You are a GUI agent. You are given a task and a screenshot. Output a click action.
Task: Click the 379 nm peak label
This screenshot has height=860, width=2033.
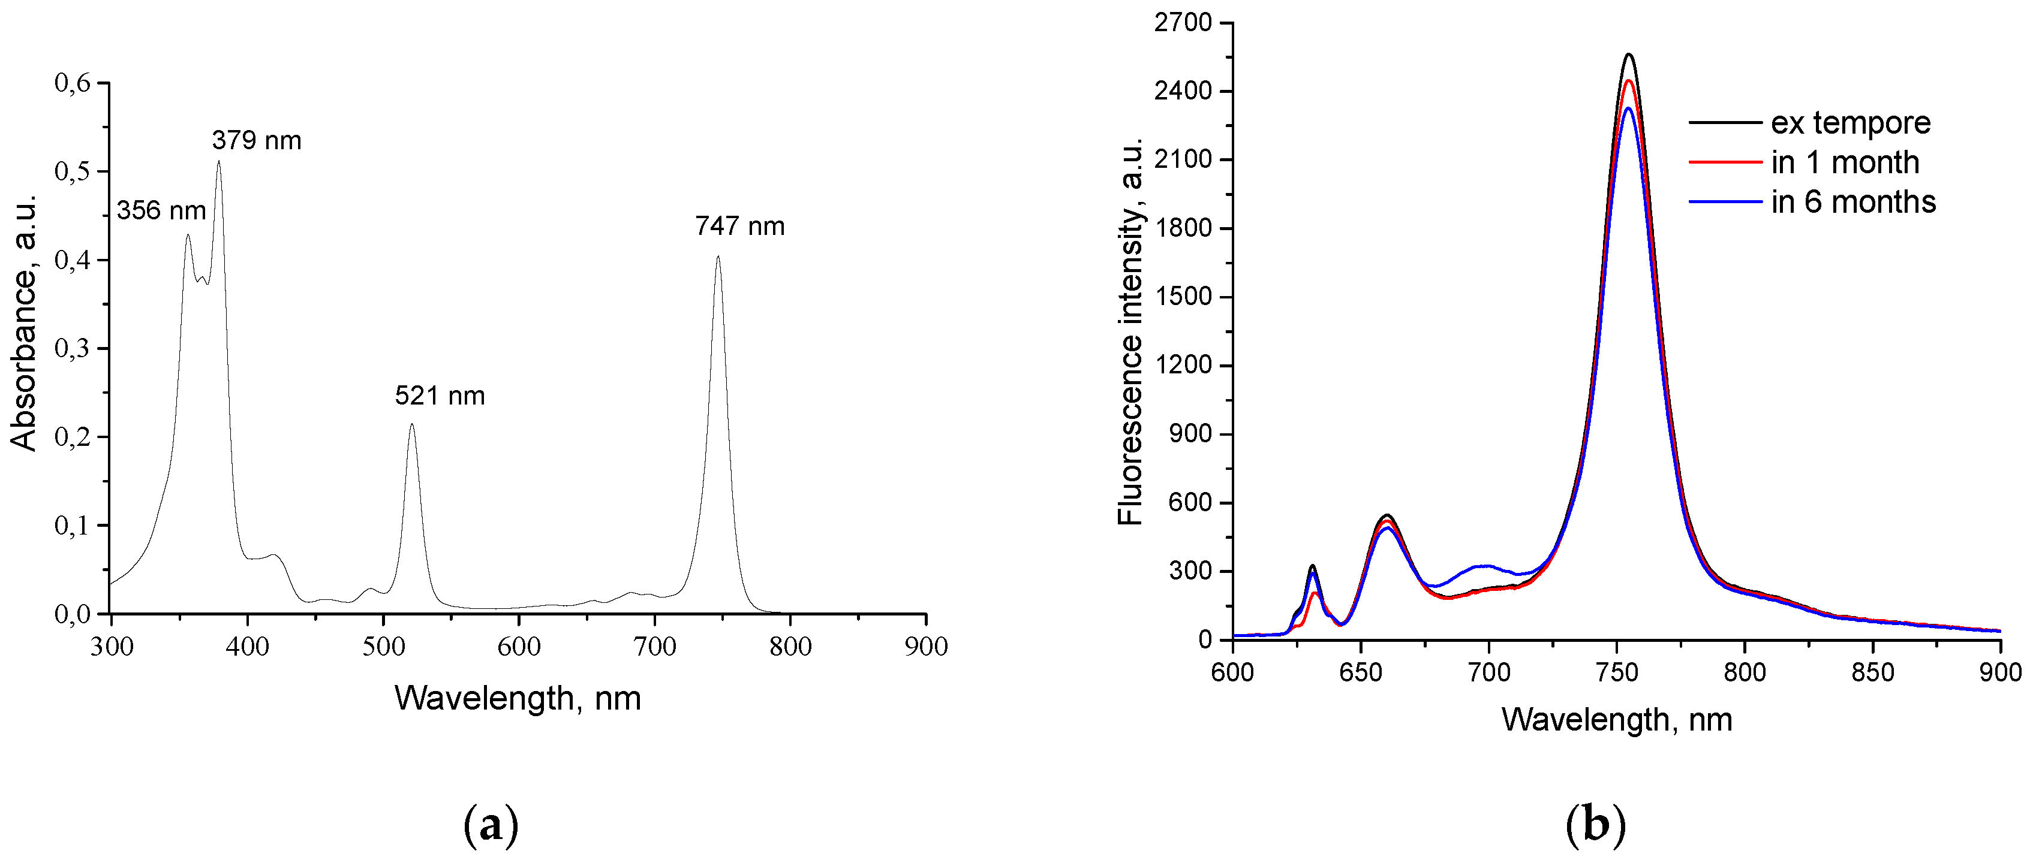tap(257, 140)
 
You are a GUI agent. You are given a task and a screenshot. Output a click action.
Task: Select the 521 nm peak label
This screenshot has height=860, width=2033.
tap(440, 396)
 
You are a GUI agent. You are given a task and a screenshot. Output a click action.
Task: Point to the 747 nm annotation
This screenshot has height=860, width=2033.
tap(739, 227)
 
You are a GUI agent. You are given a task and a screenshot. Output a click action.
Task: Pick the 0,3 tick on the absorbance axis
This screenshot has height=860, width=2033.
tap(72, 348)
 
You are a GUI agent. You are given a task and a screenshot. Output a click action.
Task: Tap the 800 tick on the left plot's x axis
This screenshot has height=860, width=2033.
tap(790, 647)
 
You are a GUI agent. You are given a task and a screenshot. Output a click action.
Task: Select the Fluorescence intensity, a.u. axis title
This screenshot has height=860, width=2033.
tap(1130, 331)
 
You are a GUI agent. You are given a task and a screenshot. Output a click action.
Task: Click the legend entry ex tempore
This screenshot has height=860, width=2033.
tap(1850, 123)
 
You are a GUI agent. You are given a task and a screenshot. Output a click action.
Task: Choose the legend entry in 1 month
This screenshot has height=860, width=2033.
tap(1844, 162)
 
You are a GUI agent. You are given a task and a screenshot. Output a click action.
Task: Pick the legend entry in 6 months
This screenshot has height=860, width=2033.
tap(1852, 202)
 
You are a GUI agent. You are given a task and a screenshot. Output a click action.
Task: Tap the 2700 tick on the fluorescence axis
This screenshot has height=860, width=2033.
tap(1182, 23)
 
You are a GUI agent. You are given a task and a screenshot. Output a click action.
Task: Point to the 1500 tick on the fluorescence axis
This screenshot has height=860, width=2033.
tap(1182, 297)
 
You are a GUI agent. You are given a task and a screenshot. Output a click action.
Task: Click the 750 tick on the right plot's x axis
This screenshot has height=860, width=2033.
tap(1616, 672)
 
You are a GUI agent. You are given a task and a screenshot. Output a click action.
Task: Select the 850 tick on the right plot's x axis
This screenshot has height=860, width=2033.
tap(1872, 672)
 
